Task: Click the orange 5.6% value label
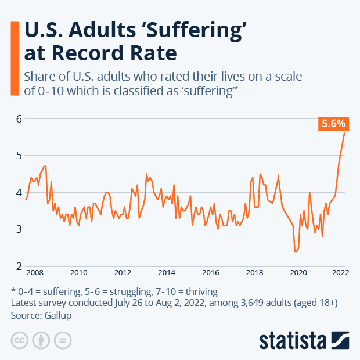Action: pos(333,123)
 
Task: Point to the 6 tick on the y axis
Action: pos(19,118)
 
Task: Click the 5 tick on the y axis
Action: pos(19,156)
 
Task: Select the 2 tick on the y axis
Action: pos(19,266)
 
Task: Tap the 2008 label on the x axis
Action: pos(34,272)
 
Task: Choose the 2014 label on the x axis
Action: pos(167,272)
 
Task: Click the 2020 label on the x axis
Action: pos(298,272)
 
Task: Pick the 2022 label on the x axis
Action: pos(340,272)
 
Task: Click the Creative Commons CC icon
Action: pos(20,340)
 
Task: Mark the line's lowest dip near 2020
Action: pos(296,251)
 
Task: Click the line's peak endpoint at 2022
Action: pos(344,134)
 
